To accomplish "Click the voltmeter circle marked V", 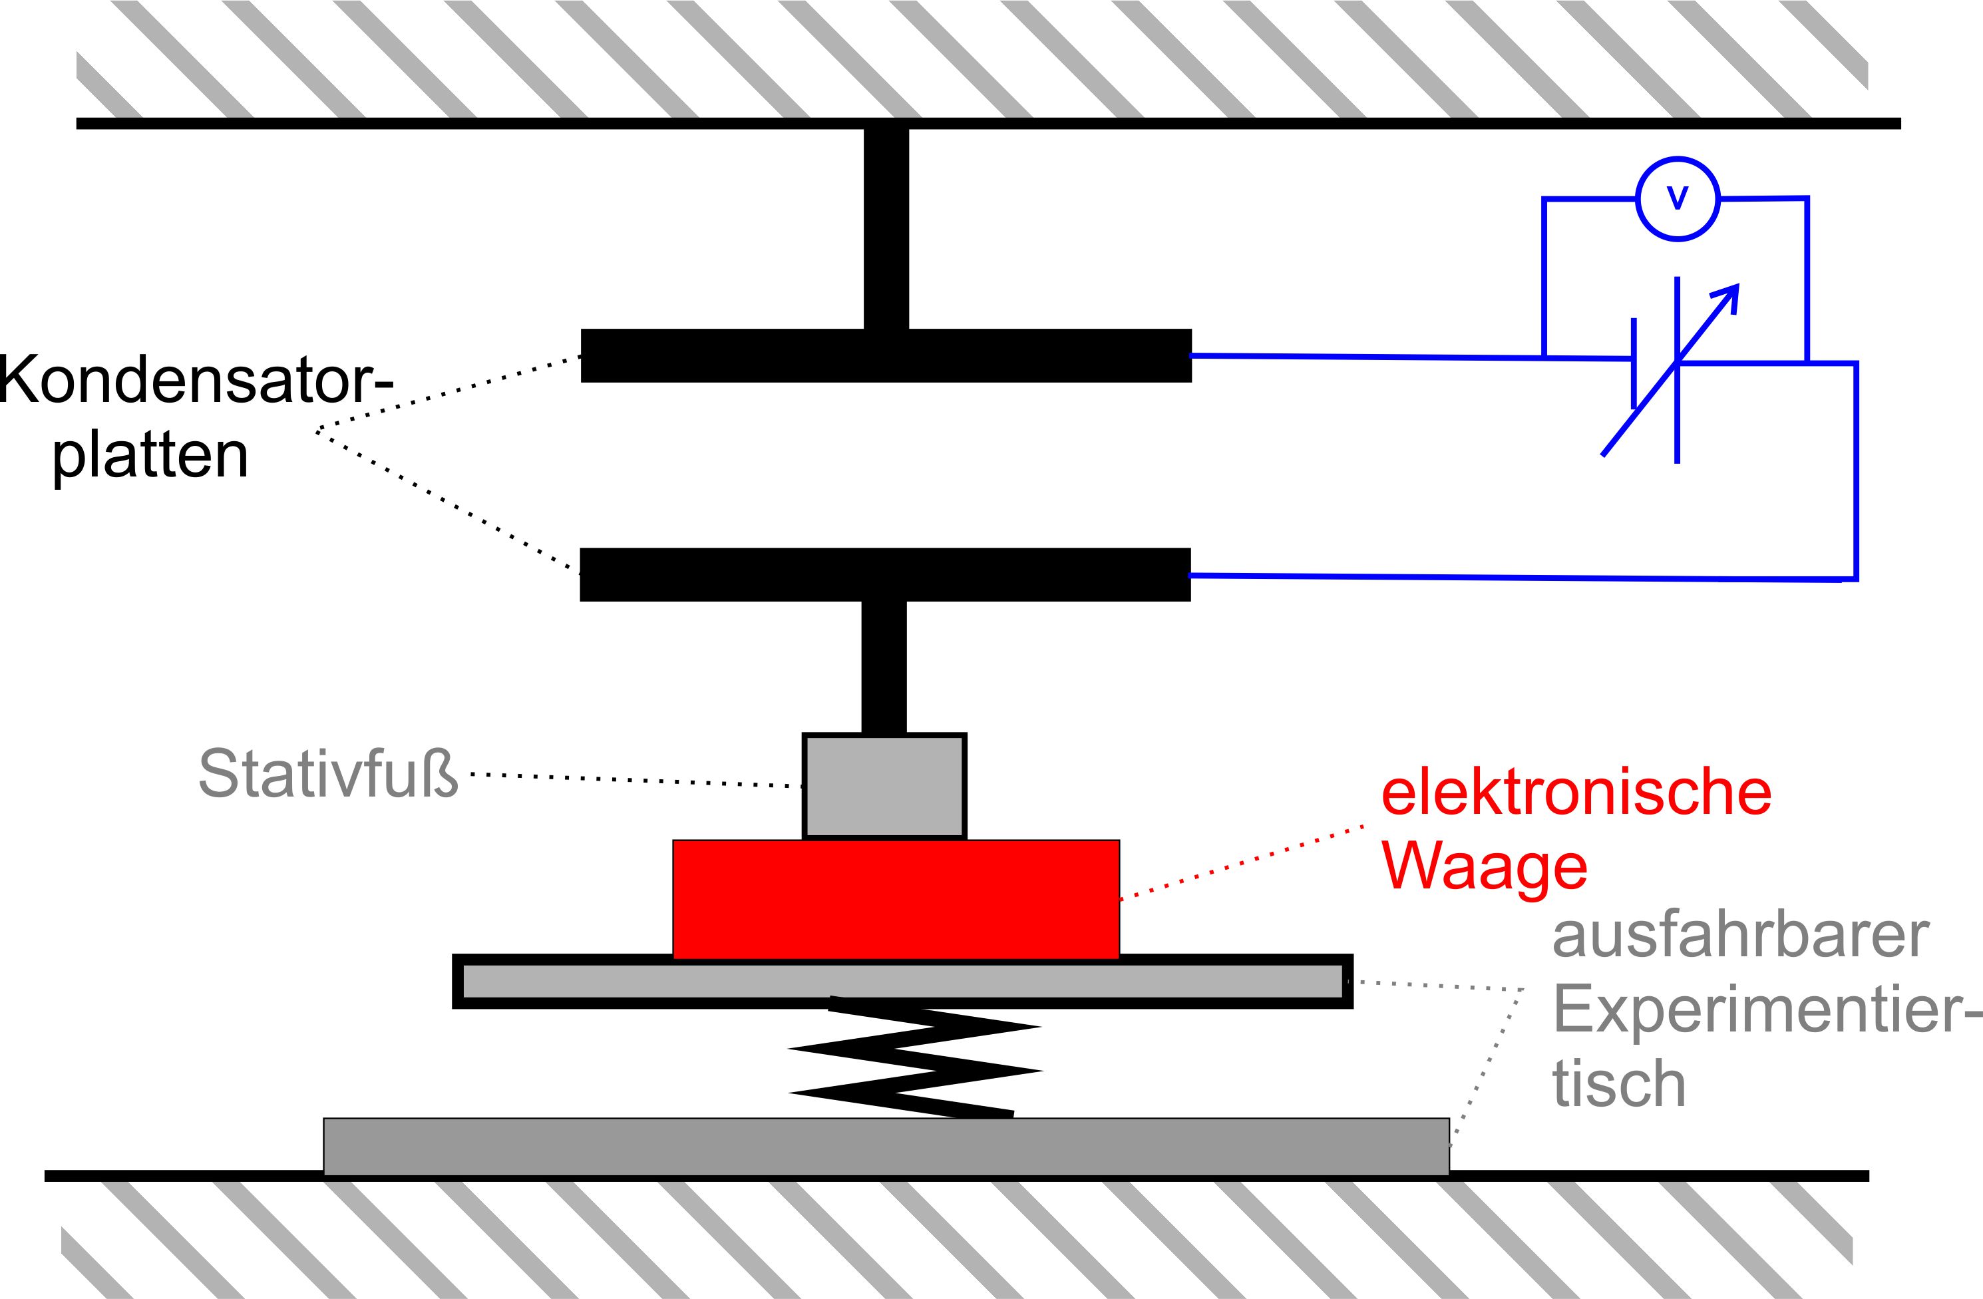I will pos(1677,199).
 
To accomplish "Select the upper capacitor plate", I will pos(886,356).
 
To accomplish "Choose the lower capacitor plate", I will pos(885,574).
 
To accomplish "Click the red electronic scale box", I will pos(896,899).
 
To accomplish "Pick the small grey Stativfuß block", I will pos(884,786).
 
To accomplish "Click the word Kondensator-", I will pos(196,380).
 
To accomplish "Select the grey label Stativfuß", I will pos(328,774).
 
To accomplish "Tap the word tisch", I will pos(1619,1083).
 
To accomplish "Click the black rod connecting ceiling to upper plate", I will pos(886,227).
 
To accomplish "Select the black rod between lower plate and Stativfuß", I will pos(883,667).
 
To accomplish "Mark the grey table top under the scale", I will pos(902,982).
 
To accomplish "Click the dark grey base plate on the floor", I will pos(886,1147).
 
